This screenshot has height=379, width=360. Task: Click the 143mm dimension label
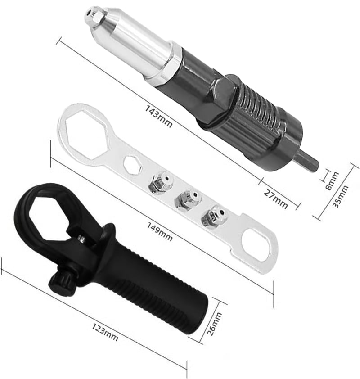click(x=158, y=117)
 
